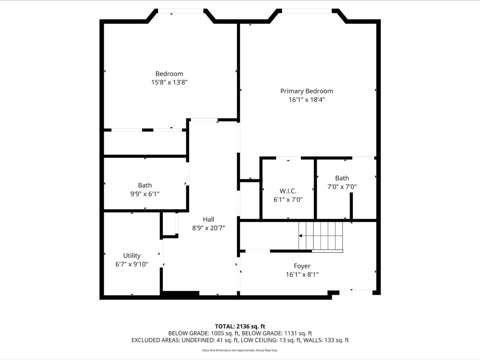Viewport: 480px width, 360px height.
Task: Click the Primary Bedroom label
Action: (x=306, y=91)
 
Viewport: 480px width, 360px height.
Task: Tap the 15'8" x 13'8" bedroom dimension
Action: (x=169, y=82)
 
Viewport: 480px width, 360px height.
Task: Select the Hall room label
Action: (x=208, y=219)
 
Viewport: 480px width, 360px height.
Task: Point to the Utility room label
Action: (x=132, y=256)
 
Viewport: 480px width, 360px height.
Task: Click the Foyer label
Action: (x=302, y=266)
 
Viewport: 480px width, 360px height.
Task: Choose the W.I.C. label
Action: (x=288, y=191)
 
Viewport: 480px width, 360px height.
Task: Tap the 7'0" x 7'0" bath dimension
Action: (x=342, y=186)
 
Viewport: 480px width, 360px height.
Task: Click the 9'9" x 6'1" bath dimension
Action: (x=145, y=194)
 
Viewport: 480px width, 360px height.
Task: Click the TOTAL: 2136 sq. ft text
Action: (x=240, y=326)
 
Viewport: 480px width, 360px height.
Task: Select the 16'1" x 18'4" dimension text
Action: (x=306, y=100)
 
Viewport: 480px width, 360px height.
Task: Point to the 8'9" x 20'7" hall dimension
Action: (x=208, y=228)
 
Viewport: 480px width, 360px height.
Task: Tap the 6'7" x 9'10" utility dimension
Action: (x=132, y=264)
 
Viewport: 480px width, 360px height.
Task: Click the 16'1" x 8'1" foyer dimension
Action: (x=302, y=275)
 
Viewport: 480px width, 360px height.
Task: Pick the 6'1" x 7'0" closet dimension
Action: (x=288, y=199)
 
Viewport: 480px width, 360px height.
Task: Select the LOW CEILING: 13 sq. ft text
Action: (x=269, y=340)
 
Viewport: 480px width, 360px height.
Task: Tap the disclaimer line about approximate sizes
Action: (x=240, y=350)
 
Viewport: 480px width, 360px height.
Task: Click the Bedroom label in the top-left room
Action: (x=169, y=74)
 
